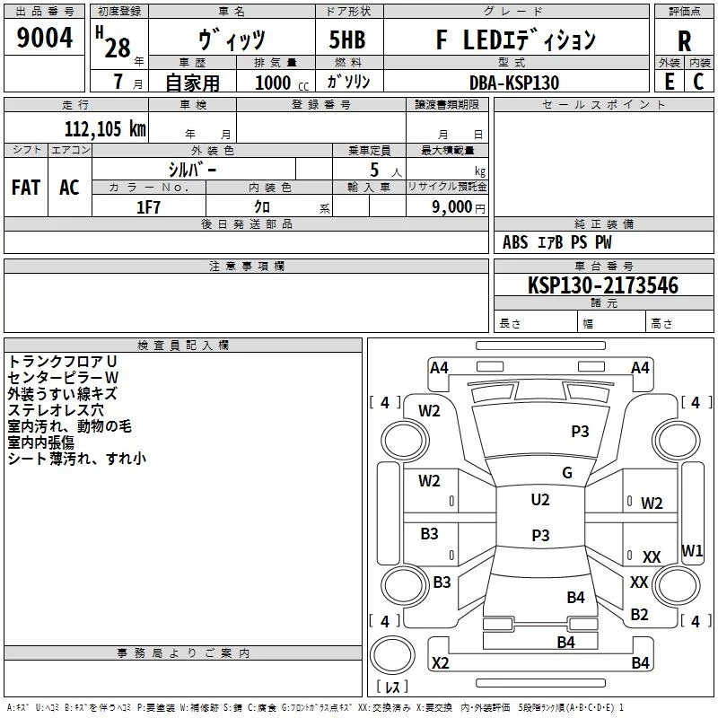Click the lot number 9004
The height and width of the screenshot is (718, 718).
click(x=44, y=37)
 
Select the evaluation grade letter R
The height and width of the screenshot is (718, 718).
click(x=684, y=40)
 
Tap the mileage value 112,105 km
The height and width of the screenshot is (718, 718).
click(x=105, y=128)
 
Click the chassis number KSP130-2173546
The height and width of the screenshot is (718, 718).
click(x=602, y=285)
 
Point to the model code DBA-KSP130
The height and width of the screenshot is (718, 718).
click(x=514, y=83)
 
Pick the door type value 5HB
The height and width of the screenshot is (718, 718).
click(x=347, y=39)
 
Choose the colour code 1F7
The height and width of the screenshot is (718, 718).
click(x=148, y=207)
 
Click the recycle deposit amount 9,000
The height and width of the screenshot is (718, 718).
click(x=451, y=206)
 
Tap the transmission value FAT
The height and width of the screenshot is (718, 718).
click(x=26, y=188)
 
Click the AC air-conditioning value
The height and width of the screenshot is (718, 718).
click(x=69, y=188)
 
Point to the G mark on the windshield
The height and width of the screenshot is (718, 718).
click(x=567, y=472)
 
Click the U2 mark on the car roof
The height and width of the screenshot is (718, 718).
click(x=540, y=499)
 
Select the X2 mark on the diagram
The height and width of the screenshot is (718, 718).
click(x=440, y=662)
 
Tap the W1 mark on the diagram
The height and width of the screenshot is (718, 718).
click(x=692, y=550)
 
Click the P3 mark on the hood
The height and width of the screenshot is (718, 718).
click(x=580, y=431)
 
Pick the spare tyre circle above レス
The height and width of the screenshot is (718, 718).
click(x=392, y=655)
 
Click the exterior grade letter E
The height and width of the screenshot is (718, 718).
click(x=669, y=82)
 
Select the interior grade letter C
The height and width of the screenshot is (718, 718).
click(x=698, y=82)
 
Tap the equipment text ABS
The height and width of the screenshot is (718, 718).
click(x=515, y=242)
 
